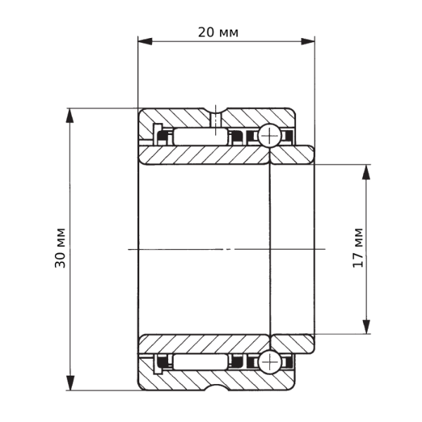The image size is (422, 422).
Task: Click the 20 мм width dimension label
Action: point(218,32)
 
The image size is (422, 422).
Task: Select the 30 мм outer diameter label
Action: point(61,248)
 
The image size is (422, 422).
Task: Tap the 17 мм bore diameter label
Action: point(358,248)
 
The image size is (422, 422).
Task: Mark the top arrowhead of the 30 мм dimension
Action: point(70,115)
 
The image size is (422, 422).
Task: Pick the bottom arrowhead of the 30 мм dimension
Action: point(70,383)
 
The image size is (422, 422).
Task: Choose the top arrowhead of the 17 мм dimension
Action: point(366,171)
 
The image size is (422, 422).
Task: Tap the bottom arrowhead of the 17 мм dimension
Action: point(366,326)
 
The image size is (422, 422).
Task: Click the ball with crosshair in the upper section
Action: point(269,136)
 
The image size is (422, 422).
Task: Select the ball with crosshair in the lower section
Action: point(269,362)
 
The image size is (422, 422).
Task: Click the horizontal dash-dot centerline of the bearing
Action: point(225,249)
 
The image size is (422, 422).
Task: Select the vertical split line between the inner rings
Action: point(270,249)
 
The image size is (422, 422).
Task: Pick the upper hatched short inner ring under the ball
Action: point(291,155)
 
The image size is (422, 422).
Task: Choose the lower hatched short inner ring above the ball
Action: point(291,343)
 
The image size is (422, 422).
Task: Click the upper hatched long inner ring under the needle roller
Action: point(204,155)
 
